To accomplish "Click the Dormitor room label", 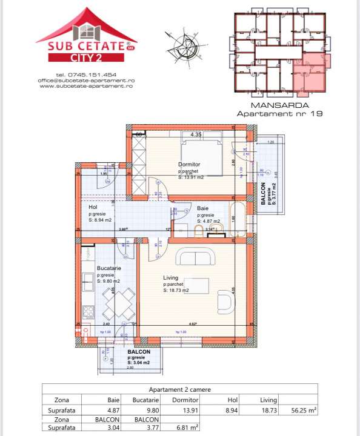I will coord(189,164).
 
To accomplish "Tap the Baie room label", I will coord(203,208).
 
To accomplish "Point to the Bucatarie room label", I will coord(109,267).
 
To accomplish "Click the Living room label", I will coord(172,278).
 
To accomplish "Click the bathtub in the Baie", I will coord(237,220).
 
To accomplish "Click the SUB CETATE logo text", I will coord(86,46).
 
